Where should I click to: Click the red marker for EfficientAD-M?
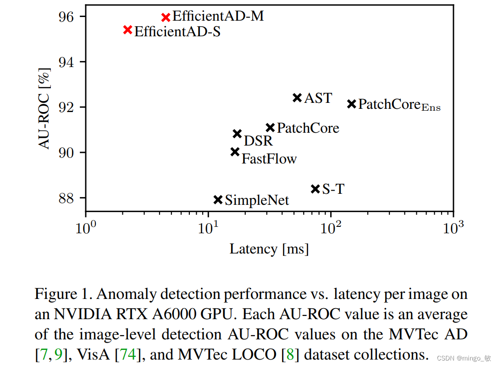pyautogui.click(x=166, y=17)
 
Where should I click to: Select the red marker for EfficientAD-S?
pyautogui.click(x=128, y=30)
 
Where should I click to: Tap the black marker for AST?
pyautogui.click(x=297, y=97)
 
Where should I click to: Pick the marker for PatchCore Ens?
pyautogui.click(x=352, y=104)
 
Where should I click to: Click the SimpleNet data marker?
pyautogui.click(x=218, y=199)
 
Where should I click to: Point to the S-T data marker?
pyautogui.click(x=315, y=189)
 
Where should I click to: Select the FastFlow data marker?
pyautogui.click(x=235, y=152)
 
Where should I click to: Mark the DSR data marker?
pyautogui.click(x=237, y=134)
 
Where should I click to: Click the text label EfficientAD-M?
pyautogui.click(x=218, y=17)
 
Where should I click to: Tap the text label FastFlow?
pyautogui.click(x=269, y=159)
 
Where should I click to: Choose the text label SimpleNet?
pyautogui.click(x=257, y=200)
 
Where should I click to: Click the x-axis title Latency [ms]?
pyautogui.click(x=269, y=249)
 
